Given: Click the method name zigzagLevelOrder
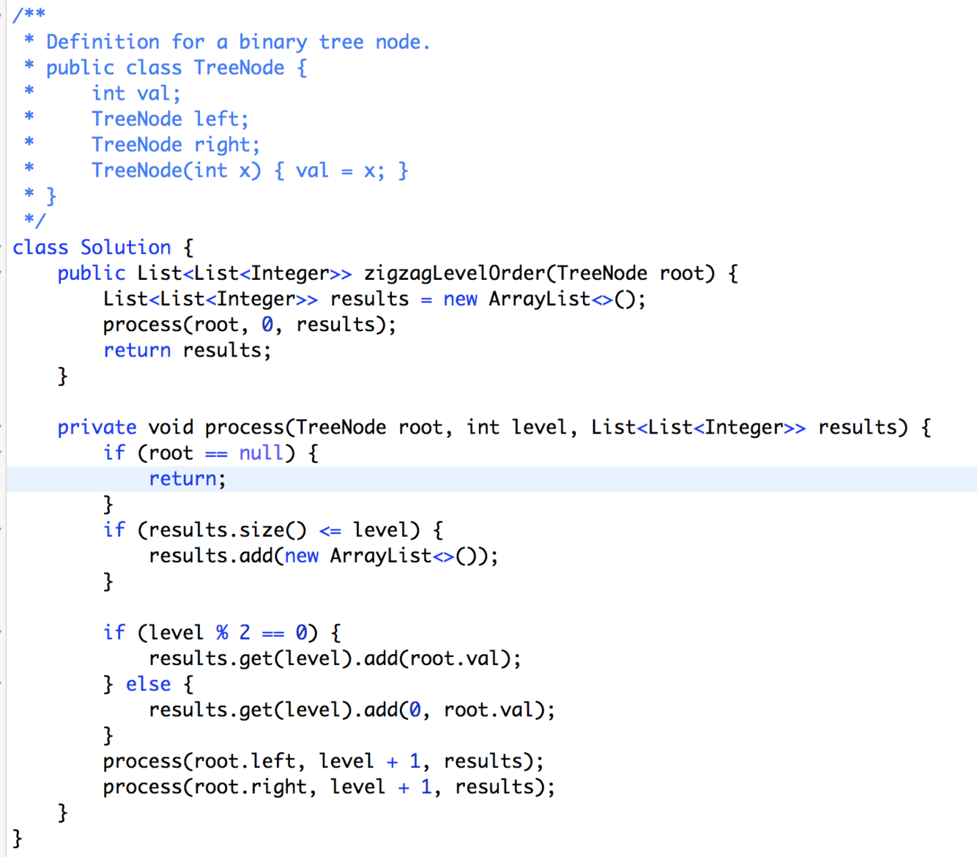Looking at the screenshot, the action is click(x=454, y=273).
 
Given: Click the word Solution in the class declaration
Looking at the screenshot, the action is click(x=125, y=248).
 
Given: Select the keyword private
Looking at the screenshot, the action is click(x=97, y=427).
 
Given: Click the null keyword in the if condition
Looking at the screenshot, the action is click(x=261, y=453).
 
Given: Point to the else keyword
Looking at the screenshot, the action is click(x=148, y=684).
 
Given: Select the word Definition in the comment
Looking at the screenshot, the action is click(x=103, y=42).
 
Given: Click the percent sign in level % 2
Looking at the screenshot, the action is click(x=222, y=632).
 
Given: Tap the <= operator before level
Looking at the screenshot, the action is click(x=330, y=530).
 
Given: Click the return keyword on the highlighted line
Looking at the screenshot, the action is click(x=182, y=478).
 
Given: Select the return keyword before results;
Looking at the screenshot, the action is click(x=136, y=350).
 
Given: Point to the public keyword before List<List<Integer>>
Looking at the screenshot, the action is click(x=92, y=273).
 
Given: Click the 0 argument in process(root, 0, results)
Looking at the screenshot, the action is click(x=267, y=324).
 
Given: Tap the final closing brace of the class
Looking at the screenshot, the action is click(x=18, y=838).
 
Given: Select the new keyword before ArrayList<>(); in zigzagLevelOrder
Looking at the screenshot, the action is click(x=460, y=299).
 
